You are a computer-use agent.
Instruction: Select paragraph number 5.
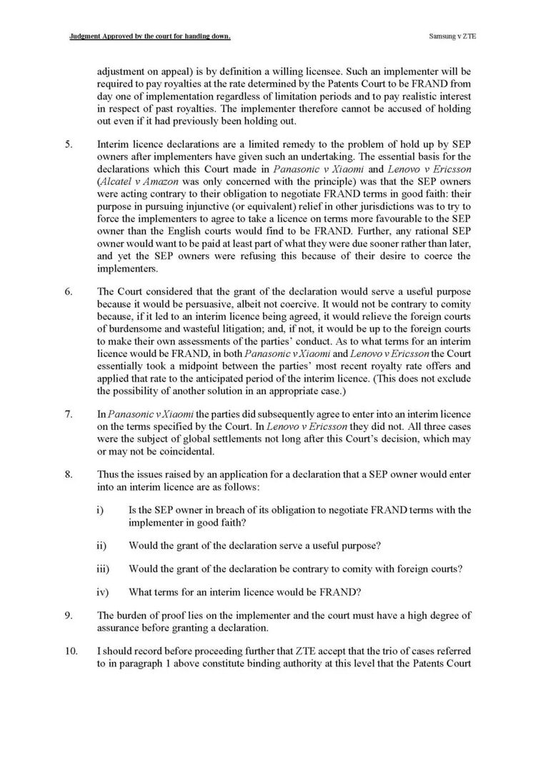(68, 144)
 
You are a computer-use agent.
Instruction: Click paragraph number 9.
(68, 617)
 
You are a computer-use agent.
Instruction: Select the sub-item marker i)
(100, 509)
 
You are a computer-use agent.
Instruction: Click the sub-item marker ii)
(101, 546)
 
